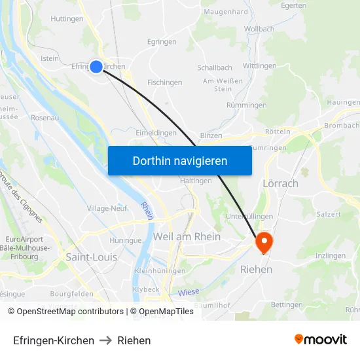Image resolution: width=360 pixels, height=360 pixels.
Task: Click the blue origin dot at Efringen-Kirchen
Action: click(96, 66)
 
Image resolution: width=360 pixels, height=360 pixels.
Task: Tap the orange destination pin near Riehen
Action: click(264, 242)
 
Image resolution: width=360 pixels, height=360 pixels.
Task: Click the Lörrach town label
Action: click(280, 183)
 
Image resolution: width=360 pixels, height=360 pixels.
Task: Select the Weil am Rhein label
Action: click(187, 236)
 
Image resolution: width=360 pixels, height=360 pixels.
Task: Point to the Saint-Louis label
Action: click(92, 257)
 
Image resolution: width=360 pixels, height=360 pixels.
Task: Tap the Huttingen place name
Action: click(67, 19)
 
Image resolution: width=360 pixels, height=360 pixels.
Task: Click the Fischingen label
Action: click(165, 82)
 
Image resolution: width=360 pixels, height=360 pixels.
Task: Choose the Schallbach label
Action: click(215, 68)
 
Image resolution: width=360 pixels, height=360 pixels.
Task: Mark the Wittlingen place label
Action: click(259, 66)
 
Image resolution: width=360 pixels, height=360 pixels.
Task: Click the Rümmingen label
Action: click(246, 105)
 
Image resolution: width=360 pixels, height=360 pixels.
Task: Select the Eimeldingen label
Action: click(156, 132)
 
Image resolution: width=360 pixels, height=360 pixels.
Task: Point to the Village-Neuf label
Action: click(107, 208)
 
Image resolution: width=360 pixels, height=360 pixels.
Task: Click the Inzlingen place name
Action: click(330, 255)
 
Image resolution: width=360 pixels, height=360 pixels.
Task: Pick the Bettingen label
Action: click(286, 304)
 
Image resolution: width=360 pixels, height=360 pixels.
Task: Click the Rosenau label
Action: click(45, 118)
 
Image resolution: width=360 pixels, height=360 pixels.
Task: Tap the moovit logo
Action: click(320, 340)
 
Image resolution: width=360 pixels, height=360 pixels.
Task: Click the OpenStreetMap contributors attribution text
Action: click(66, 312)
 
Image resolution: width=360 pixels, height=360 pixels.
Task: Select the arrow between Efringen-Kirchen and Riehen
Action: click(105, 340)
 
